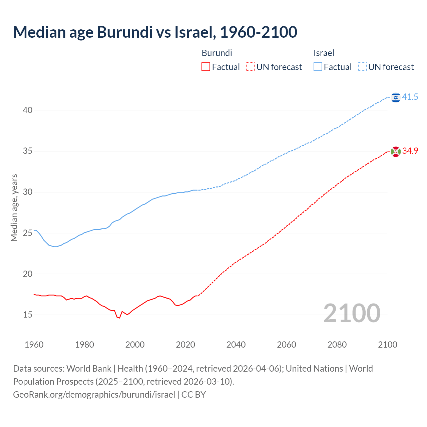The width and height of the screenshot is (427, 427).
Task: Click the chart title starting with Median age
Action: click(x=155, y=32)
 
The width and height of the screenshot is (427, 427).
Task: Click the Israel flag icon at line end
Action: click(x=396, y=97)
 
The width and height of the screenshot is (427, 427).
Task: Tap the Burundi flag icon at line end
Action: click(x=396, y=151)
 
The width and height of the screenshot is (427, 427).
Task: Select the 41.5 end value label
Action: click(x=410, y=97)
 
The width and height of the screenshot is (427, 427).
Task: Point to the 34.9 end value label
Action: click(x=410, y=151)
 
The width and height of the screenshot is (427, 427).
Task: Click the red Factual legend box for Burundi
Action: click(x=206, y=67)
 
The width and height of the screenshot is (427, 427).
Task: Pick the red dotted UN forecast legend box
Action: click(x=250, y=67)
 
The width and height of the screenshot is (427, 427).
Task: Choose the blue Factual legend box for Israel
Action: click(x=318, y=67)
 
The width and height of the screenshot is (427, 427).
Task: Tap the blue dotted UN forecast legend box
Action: click(x=362, y=67)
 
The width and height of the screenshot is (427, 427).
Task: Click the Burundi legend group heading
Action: click(x=217, y=53)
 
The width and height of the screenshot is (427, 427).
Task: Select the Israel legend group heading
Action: click(x=324, y=53)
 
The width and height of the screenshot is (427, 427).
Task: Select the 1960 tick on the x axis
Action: click(x=34, y=345)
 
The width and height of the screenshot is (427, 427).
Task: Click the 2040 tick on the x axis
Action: click(x=236, y=345)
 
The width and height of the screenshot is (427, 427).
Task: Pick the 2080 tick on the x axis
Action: click(x=337, y=345)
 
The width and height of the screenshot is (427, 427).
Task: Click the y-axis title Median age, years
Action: click(x=14, y=207)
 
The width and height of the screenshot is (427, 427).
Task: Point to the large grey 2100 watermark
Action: click(x=352, y=313)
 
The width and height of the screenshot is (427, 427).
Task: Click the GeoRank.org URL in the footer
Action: click(x=94, y=395)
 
